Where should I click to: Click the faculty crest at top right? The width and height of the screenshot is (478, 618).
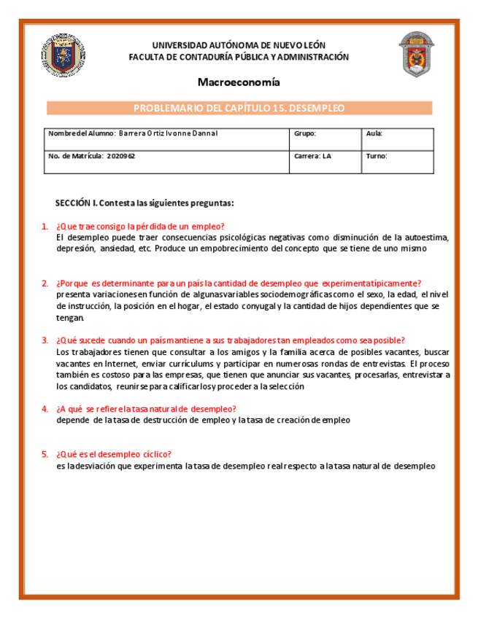tap(417, 55)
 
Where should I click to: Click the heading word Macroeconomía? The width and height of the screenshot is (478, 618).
tap(239, 82)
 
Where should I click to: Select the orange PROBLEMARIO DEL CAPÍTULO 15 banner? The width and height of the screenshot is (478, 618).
tap(239, 108)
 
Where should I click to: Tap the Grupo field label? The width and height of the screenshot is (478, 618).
tap(305, 133)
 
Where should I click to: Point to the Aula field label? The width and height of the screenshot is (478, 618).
tap(374, 133)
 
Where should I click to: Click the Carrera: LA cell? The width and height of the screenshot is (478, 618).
tap(312, 156)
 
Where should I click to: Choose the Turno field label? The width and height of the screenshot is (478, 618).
tap(377, 156)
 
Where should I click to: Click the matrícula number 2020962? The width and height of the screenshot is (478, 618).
tap(120, 156)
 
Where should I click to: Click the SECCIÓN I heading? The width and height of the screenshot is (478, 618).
tap(144, 203)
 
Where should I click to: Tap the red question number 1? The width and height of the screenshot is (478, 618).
tap(45, 226)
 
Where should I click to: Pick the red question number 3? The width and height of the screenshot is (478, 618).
tap(45, 340)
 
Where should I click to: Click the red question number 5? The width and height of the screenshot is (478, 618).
tap(45, 454)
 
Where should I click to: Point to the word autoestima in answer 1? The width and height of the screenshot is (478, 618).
tap(423, 237)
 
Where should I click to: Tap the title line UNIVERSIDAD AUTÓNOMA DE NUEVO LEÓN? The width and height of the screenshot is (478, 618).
tap(239, 45)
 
